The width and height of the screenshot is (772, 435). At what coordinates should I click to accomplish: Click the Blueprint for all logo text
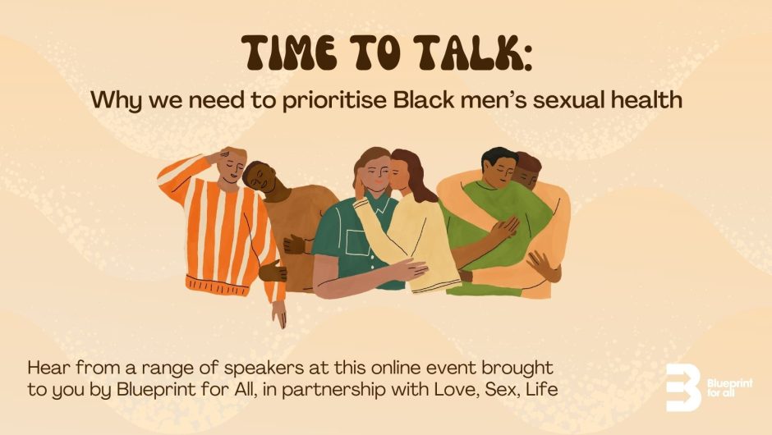pos(728,387)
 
